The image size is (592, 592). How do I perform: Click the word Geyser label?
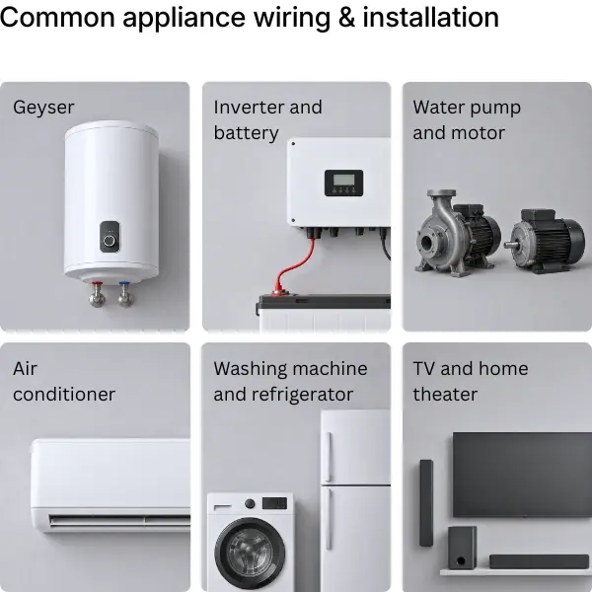pos(43,108)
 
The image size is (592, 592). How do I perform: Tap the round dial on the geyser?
pos(110,241)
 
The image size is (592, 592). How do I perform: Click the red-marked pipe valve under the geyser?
pos(97,294)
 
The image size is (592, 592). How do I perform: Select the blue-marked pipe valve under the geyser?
pos(125,294)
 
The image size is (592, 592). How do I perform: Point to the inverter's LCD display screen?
pos(343,180)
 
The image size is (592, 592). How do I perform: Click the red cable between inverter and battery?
pos(290,268)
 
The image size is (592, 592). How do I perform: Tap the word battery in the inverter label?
pos(246,133)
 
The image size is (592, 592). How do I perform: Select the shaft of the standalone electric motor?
pos(510,245)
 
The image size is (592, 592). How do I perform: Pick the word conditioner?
pos(64,395)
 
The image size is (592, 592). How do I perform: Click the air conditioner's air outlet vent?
pos(119,520)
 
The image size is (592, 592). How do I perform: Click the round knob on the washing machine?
pos(250,503)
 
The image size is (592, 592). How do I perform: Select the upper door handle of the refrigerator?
pos(329,456)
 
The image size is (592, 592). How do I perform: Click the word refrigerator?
pos(302,395)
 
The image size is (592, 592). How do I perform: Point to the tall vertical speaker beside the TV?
pos(426,503)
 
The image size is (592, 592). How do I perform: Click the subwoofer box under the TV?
pos(462,548)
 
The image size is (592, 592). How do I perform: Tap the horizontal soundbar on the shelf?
pos(539,561)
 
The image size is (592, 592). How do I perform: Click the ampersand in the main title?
pos(346,18)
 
